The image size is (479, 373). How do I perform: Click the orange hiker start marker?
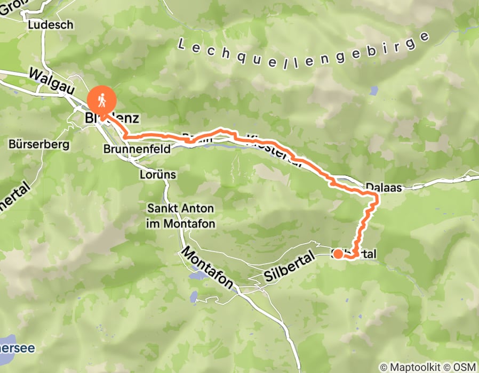(101, 99)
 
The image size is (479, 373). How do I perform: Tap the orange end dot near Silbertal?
(338, 253)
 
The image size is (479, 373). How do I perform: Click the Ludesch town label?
(50, 25)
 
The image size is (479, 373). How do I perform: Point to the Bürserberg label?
(33, 144)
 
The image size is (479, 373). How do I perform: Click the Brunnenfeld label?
(137, 149)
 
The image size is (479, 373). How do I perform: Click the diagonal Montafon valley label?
(208, 268)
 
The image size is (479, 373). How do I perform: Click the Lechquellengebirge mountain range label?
(304, 50)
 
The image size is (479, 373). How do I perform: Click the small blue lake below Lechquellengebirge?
(374, 91)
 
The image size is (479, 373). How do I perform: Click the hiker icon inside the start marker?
(101, 98)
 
